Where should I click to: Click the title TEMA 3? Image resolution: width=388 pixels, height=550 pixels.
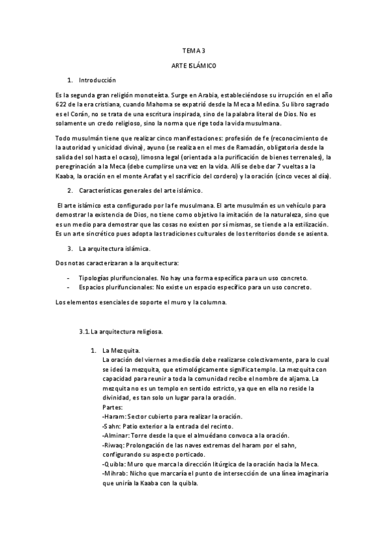(x=194, y=49)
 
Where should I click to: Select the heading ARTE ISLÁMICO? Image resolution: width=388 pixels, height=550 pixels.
(x=194, y=66)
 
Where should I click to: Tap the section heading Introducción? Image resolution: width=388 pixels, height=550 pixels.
(x=97, y=80)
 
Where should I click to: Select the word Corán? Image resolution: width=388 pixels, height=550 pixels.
(x=77, y=114)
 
